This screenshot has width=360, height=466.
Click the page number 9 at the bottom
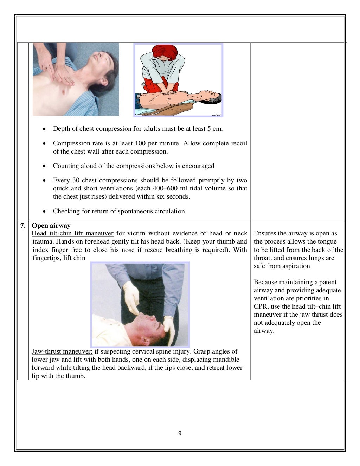click(180, 433)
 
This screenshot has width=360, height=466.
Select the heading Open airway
click(51, 226)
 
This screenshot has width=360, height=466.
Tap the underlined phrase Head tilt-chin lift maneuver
click(72, 234)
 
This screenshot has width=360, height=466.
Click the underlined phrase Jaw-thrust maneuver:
click(62, 351)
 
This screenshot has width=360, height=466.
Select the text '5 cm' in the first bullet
click(214, 129)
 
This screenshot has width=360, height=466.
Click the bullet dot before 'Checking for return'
click(44, 212)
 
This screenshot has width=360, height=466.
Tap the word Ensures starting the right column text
click(265, 233)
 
